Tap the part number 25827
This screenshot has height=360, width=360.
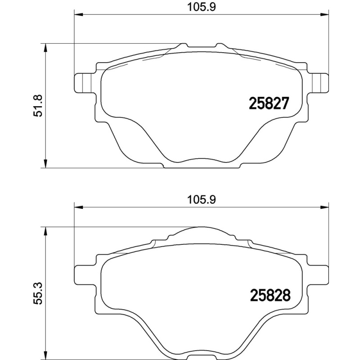268,104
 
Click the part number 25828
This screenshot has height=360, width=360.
269,295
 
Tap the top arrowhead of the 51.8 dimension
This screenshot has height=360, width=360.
45,47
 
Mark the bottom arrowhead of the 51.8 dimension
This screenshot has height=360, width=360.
45,164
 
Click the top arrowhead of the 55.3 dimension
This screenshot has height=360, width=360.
45,230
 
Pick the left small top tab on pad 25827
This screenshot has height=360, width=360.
183,46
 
